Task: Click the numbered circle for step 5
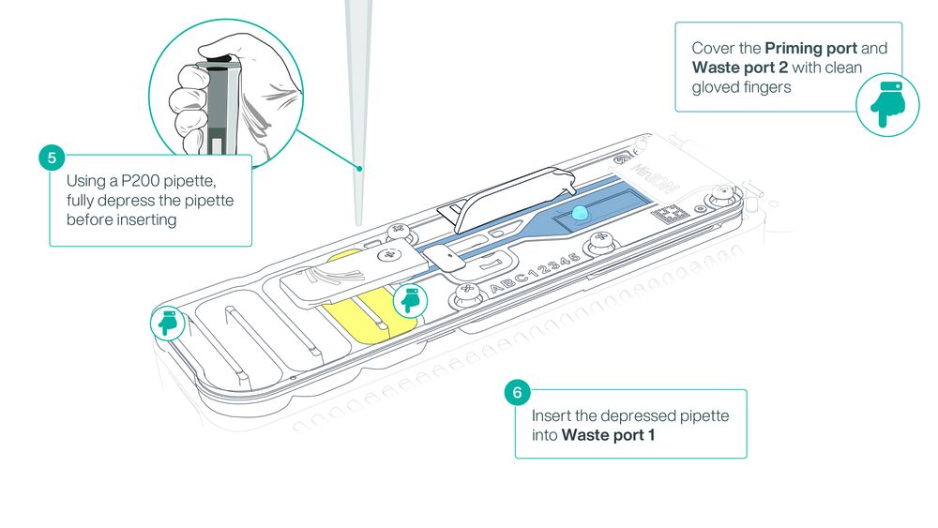tap(52, 158)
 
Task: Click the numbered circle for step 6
tap(518, 392)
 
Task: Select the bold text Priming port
tap(810, 49)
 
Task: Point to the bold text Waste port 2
tap(740, 68)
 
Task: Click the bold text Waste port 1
tap(609, 435)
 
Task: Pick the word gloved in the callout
tap(715, 87)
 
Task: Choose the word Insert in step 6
tap(551, 415)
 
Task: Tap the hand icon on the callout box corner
tap(887, 105)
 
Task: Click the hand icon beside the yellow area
tap(411, 300)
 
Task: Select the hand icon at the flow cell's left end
tap(168, 323)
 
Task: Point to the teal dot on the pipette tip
tap(359, 169)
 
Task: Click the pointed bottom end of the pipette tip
tap(359, 225)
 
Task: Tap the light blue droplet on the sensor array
tap(580, 213)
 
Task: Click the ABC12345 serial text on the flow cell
tap(535, 273)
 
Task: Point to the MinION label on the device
tap(654, 177)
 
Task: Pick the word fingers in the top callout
tap(767, 87)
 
